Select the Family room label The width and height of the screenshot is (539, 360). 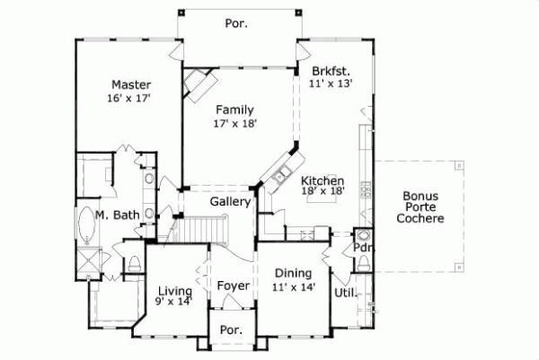click(234, 110)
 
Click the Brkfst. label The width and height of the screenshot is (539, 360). click(331, 70)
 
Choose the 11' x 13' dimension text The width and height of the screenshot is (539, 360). click(331, 83)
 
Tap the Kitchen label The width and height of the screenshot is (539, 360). click(323, 180)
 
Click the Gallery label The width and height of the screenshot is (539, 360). click(230, 202)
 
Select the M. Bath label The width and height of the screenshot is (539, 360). click(116, 215)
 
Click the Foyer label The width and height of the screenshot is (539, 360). click(234, 285)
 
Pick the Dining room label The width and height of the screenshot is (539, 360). click(293, 274)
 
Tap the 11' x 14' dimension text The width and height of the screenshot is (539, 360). click(293, 287)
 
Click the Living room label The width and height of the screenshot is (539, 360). click(174, 290)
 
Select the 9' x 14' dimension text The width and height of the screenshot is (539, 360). click(174, 303)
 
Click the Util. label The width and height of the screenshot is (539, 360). click(346, 293)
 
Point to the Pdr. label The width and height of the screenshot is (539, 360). click(363, 248)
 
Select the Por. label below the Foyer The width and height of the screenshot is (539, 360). click(232, 329)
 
